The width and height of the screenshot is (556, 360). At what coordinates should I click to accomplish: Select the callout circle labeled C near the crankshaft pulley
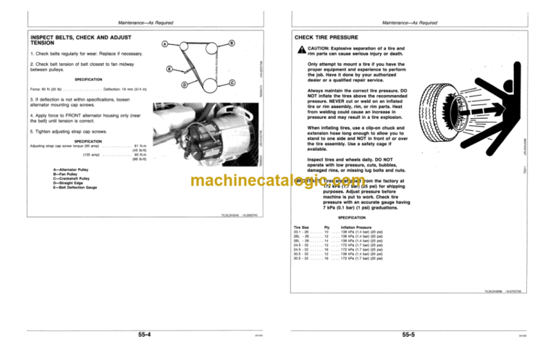(232, 83)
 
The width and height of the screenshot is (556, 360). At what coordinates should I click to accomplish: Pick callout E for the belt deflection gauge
(169, 70)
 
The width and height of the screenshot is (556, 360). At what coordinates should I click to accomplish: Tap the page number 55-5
(413, 335)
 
